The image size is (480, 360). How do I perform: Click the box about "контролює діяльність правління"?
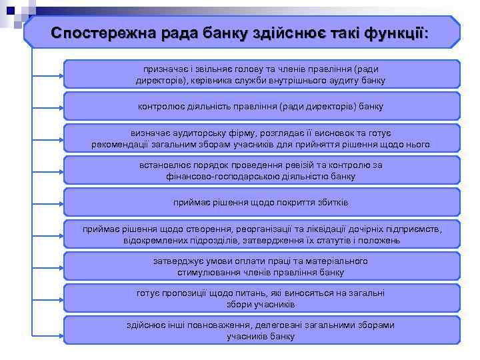coord(261,106)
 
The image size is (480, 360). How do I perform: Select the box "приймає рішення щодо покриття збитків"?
coord(261,202)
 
